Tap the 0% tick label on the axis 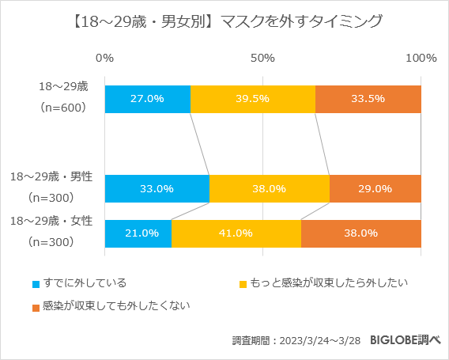point(104,58)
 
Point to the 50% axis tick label point(262,58)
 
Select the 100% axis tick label point(421,58)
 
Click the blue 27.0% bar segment point(147,99)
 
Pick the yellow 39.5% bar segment point(253,99)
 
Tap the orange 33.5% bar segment point(368,99)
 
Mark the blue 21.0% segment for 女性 point(138,233)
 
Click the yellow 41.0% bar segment point(236,233)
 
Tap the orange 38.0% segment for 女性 point(361,233)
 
